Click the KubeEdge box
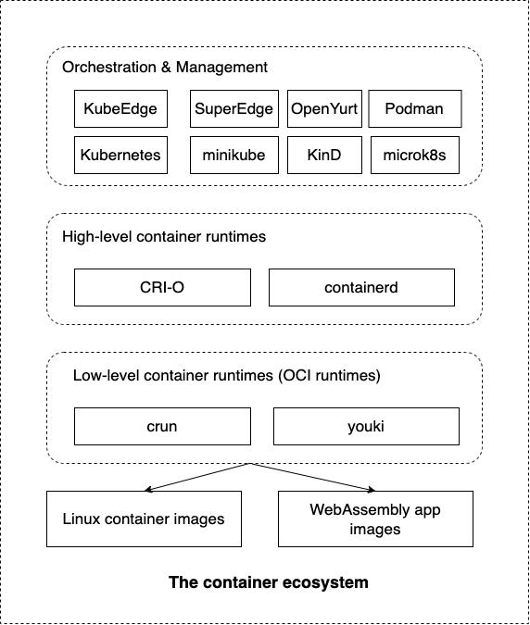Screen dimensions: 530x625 [120, 109]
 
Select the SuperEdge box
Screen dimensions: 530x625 [234, 109]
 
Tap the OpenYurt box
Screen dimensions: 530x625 [324, 109]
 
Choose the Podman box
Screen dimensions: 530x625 [415, 109]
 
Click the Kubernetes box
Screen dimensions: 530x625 [120, 155]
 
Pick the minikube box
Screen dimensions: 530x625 [234, 155]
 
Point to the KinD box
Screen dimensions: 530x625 [324, 155]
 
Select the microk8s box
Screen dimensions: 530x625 [415, 155]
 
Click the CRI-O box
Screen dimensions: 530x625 [162, 287]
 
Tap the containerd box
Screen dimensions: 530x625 [361, 287]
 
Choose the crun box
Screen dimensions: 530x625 [162, 426]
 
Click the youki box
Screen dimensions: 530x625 [366, 426]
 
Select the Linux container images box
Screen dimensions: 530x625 [144, 519]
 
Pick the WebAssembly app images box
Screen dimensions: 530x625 [375, 519]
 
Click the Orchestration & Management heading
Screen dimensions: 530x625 [165, 67]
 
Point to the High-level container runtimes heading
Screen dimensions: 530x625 [164, 236]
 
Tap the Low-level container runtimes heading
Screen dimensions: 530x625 [226, 376]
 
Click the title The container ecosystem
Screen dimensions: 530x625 [269, 582]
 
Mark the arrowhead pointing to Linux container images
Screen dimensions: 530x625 [147, 490]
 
